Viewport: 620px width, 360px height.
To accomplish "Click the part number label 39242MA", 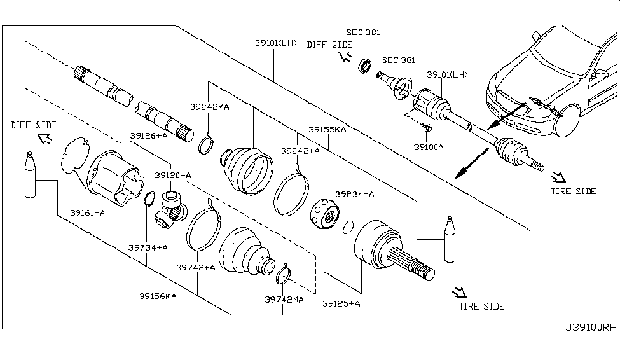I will pos(209,107).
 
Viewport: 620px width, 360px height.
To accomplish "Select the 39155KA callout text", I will pos(327,130).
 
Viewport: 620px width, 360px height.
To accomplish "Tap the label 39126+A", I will pos(149,135).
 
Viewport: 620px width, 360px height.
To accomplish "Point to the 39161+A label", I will pos(88,212).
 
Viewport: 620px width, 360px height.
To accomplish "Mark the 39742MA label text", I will pos(284,298).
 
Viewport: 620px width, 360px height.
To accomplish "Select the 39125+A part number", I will pos(341,303).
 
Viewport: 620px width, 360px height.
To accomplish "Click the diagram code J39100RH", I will pos(590,328).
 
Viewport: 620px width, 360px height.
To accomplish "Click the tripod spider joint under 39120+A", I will pos(173,207).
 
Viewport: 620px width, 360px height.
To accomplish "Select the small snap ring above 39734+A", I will pos(149,200).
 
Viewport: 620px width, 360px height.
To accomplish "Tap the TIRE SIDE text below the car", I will pos(574,191).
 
